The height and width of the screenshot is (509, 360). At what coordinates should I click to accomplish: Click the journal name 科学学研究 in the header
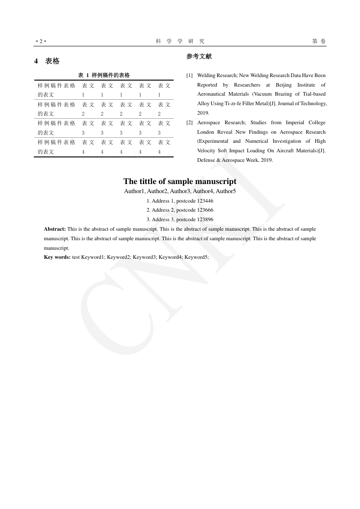click(180, 41)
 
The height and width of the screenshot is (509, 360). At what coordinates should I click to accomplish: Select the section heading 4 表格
click(47, 61)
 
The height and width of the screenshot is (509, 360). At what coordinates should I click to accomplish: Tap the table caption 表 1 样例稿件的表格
click(104, 75)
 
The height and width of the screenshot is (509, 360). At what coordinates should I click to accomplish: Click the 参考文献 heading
click(199, 57)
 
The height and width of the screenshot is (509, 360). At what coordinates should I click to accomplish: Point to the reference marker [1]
click(190, 75)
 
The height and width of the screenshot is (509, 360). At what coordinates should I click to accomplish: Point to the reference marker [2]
click(190, 122)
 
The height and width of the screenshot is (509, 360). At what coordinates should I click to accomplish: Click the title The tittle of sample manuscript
click(180, 181)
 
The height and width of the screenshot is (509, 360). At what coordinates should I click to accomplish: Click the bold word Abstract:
click(55, 229)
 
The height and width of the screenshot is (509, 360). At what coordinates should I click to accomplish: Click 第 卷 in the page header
click(319, 41)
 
